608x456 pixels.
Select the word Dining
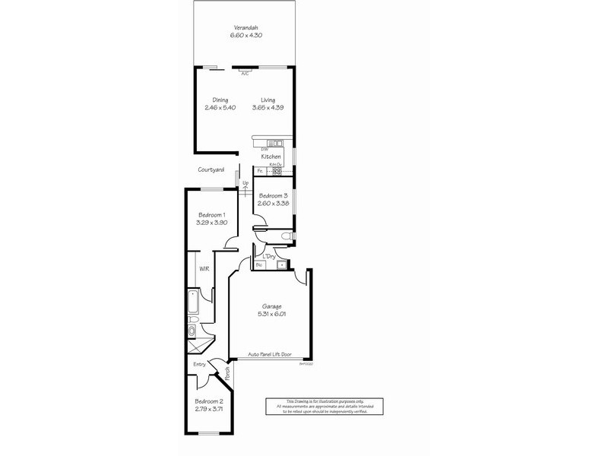[x=220, y=100]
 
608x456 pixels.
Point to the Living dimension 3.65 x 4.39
[x=268, y=107]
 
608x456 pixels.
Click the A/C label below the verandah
[x=245, y=74]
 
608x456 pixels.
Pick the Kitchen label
[x=271, y=157]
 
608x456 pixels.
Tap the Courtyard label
[x=211, y=170]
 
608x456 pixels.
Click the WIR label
[x=204, y=269]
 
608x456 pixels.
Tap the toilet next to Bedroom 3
[x=286, y=238]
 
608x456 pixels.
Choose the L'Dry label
[x=268, y=256]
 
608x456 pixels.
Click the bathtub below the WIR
[x=192, y=303]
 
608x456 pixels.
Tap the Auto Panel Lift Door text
[x=271, y=354]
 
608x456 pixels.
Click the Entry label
[x=199, y=365]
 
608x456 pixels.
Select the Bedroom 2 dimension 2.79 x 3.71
[x=209, y=408]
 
